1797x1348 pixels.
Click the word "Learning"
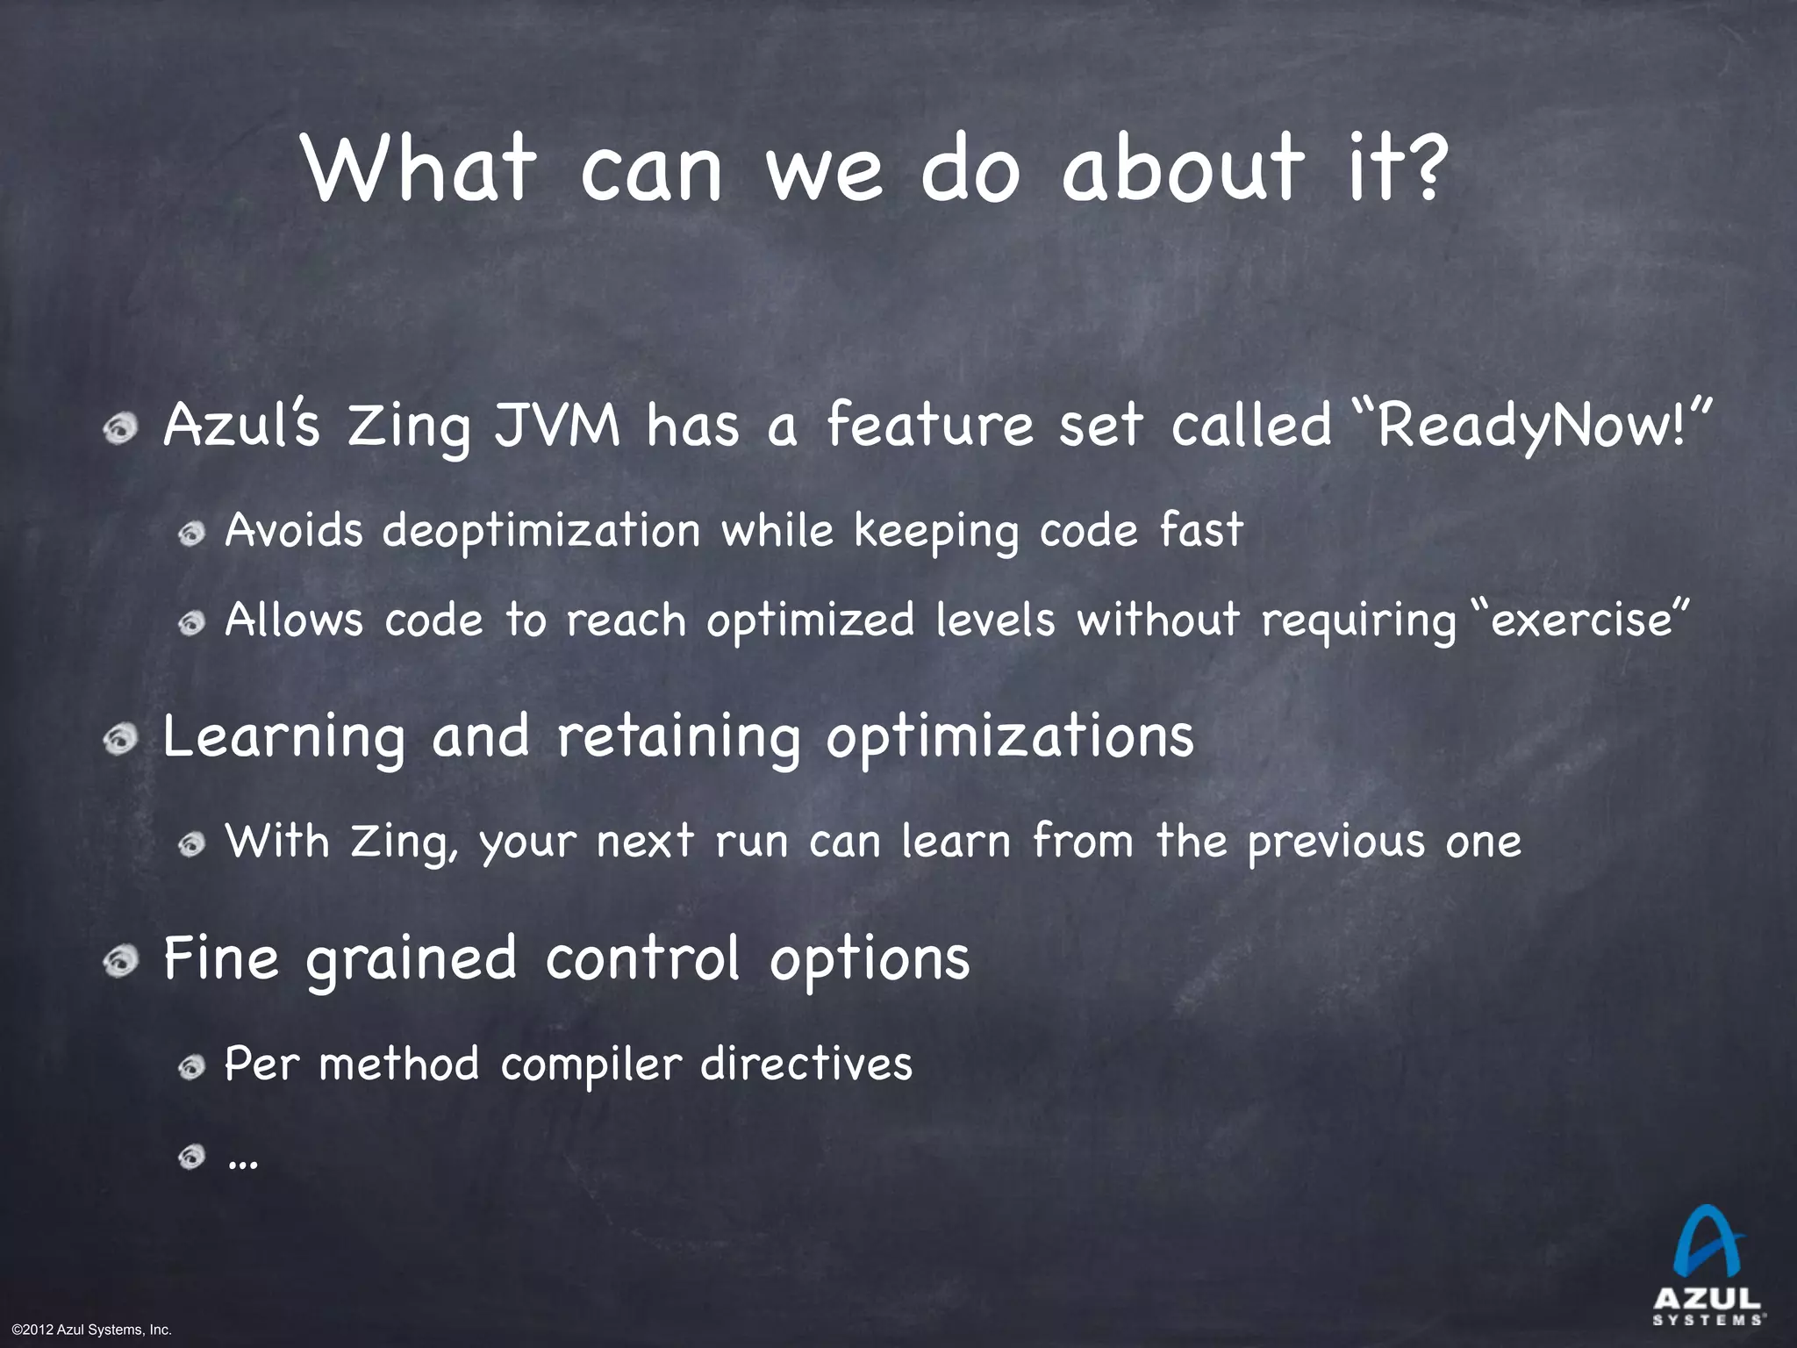click(x=284, y=737)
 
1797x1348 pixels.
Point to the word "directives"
click(x=806, y=1064)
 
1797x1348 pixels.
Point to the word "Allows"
click(x=293, y=620)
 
